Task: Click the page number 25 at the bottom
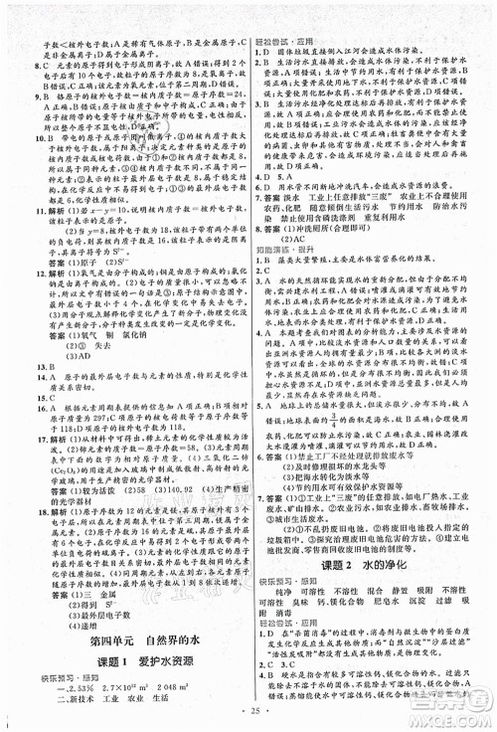pos(248,713)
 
